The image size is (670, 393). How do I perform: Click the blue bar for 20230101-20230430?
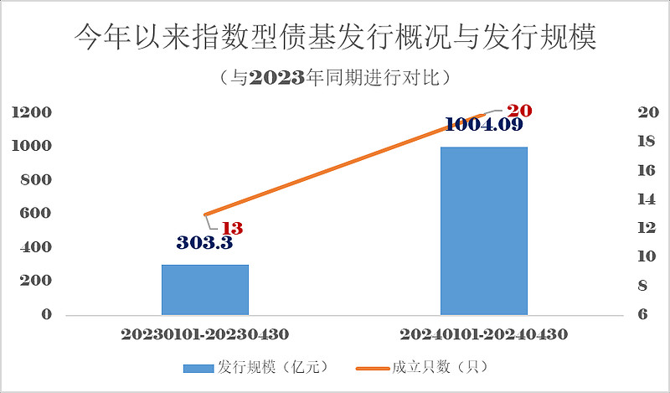pyautogui.click(x=205, y=289)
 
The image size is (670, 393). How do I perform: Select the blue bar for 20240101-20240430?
pyautogui.click(x=484, y=230)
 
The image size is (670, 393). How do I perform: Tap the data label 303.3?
pyautogui.click(x=205, y=244)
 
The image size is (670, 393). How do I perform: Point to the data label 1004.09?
pyautogui.click(x=484, y=125)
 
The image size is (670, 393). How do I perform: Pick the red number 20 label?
pyautogui.click(x=520, y=111)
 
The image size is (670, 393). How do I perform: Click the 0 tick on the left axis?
pyautogui.click(x=47, y=315)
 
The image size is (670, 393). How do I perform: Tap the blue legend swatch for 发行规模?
pyautogui.click(x=198, y=367)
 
